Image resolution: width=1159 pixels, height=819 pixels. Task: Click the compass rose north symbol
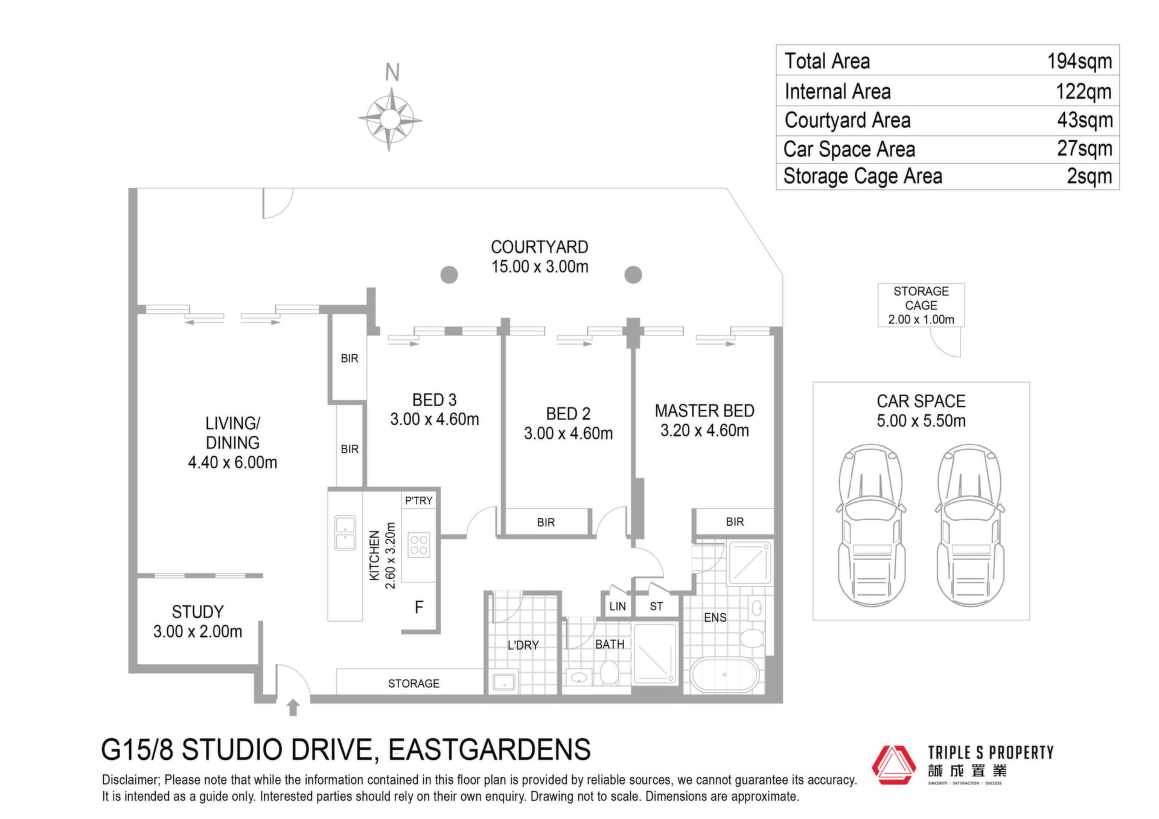pos(390,119)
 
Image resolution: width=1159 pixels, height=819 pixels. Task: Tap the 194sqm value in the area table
pos(1079,62)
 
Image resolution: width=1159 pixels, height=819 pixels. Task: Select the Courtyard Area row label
pos(848,121)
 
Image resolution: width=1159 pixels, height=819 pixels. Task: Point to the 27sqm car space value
pos(1085,148)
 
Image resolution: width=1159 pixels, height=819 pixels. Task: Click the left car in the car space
pos(872,525)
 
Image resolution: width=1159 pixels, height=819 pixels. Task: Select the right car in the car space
pos(970,525)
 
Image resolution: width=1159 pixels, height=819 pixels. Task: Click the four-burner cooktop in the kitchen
pos(419,544)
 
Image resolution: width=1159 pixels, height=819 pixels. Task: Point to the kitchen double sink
pos(345,533)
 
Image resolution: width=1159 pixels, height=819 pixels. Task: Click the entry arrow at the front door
pos(293,707)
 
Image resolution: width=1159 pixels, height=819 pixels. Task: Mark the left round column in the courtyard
pos(449,275)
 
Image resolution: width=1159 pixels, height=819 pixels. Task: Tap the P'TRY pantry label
pos(419,500)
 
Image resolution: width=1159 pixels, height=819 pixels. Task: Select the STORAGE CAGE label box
pos(921,305)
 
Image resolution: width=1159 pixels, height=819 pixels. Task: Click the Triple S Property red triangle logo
pos(894,765)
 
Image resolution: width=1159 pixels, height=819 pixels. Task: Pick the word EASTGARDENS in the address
pos(490,750)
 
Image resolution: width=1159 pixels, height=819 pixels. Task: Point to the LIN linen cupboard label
pos(618,607)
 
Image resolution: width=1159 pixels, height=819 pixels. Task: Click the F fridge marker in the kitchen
pos(419,607)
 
